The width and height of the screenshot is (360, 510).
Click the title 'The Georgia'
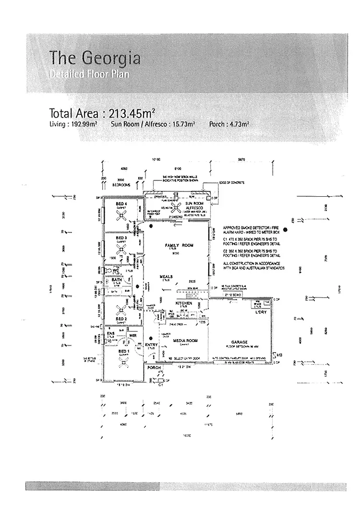pyautogui.click(x=95, y=59)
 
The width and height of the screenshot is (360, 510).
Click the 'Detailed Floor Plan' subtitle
pyautogui.click(x=89, y=74)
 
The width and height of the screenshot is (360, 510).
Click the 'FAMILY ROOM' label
pyautogui.click(x=179, y=245)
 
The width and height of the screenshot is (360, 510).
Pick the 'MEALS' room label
pyautogui.click(x=167, y=277)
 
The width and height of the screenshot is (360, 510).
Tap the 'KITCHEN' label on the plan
pyautogui.click(x=184, y=304)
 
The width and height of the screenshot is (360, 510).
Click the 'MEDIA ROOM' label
pyautogui.click(x=184, y=340)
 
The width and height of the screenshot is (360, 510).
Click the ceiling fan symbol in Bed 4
pyautogui.click(x=120, y=214)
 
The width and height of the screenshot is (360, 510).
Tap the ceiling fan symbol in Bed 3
pyautogui.click(x=121, y=248)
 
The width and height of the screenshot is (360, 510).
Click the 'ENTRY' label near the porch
pyautogui.click(x=151, y=345)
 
